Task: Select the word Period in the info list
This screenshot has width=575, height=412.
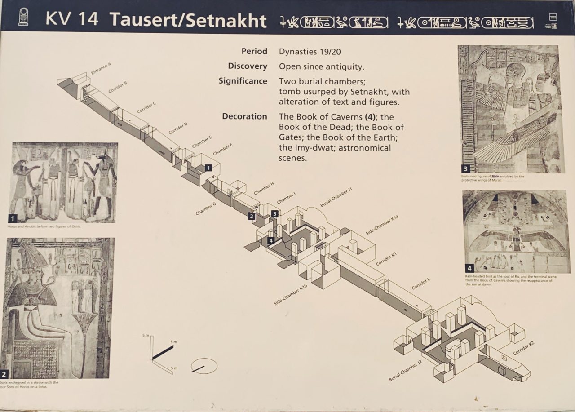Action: tap(254, 51)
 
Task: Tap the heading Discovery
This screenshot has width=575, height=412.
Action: tap(247, 66)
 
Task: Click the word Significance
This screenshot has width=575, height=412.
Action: tap(243, 81)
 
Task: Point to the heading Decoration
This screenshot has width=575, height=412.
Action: tap(244, 116)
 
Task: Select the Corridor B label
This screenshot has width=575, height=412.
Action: tap(118, 87)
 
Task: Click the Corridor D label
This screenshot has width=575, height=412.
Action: tap(178, 128)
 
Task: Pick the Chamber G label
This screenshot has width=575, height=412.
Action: tap(206, 208)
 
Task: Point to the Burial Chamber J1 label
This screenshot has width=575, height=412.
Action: tap(336, 197)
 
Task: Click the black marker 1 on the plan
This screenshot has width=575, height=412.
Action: tap(208, 168)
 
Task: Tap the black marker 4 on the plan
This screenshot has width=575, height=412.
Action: tap(271, 240)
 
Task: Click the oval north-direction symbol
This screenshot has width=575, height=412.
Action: tap(203, 366)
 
